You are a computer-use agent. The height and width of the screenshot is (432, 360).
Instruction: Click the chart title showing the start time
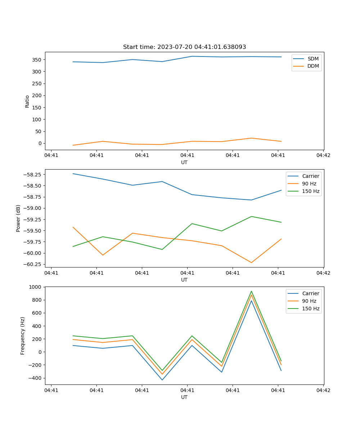[x=184, y=47]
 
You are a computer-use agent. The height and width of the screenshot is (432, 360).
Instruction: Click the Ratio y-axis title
[x=27, y=101]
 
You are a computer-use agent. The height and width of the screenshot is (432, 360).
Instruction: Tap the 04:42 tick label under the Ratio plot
[x=323, y=156]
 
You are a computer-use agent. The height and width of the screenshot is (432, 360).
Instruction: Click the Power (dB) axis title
[x=18, y=218]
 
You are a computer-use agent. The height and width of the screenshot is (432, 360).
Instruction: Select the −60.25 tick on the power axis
[x=33, y=264]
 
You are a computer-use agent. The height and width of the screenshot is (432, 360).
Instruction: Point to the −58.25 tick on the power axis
[x=33, y=175]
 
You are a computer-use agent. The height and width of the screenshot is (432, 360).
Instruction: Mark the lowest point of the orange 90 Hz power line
[x=251, y=262]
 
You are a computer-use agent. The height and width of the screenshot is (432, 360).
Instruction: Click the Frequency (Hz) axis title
[x=23, y=336]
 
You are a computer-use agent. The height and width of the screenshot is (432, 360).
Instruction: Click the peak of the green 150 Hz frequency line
[x=251, y=291]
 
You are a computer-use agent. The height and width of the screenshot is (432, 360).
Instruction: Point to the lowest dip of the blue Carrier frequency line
[x=162, y=380]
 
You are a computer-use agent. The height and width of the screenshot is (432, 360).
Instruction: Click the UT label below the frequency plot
[x=184, y=397]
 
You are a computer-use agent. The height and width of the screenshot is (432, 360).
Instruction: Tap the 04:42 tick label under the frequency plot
[x=323, y=390]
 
